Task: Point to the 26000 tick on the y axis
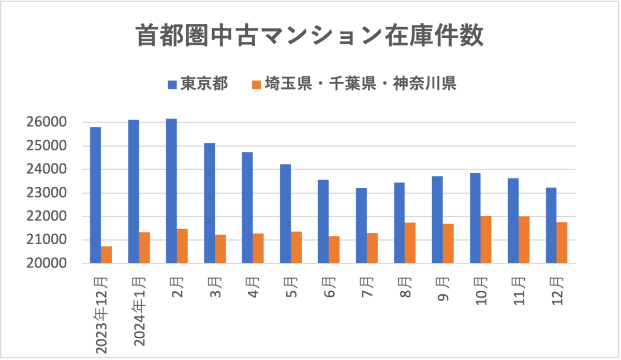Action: click(47, 123)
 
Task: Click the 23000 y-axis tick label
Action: click(47, 193)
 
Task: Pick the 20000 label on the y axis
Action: click(47, 264)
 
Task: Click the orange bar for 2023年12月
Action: click(107, 255)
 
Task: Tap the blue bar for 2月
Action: click(171, 191)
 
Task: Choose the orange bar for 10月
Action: click(486, 240)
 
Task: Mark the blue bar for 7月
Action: click(361, 226)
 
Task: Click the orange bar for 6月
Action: click(334, 250)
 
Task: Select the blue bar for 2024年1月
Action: click(134, 192)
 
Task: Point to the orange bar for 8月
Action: click(410, 243)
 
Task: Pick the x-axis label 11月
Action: click(520, 293)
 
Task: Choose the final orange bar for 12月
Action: click(561, 243)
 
